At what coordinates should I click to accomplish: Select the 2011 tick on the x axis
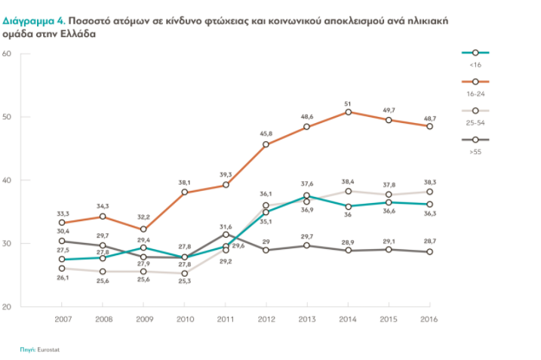(x=226, y=319)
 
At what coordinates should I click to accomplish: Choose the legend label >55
(x=476, y=152)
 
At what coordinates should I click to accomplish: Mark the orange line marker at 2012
(x=266, y=144)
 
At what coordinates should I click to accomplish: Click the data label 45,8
(x=266, y=133)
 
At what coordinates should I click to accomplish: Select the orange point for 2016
(x=429, y=126)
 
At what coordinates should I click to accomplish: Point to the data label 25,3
(x=184, y=282)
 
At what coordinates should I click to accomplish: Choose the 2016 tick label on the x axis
(x=429, y=319)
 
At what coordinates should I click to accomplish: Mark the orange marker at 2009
(x=143, y=229)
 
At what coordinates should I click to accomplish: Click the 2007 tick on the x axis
(x=63, y=319)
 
